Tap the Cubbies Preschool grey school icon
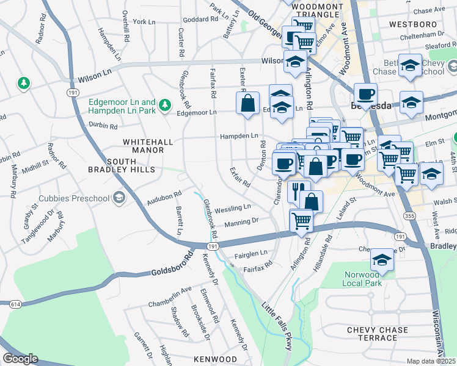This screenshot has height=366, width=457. coord(119,198)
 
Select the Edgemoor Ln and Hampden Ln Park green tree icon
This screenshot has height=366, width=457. coord(164,106)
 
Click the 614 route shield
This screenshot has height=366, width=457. coord(14,303)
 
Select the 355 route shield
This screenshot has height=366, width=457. coord(408,216)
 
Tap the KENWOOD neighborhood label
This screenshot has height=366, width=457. coord(215,359)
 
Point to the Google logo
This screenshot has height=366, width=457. coord(20,359)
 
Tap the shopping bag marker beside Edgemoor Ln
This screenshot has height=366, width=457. coord(248,103)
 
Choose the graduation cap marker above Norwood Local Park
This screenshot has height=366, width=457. coord(382,259)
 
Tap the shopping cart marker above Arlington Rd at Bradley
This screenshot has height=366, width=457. coord(301,220)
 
